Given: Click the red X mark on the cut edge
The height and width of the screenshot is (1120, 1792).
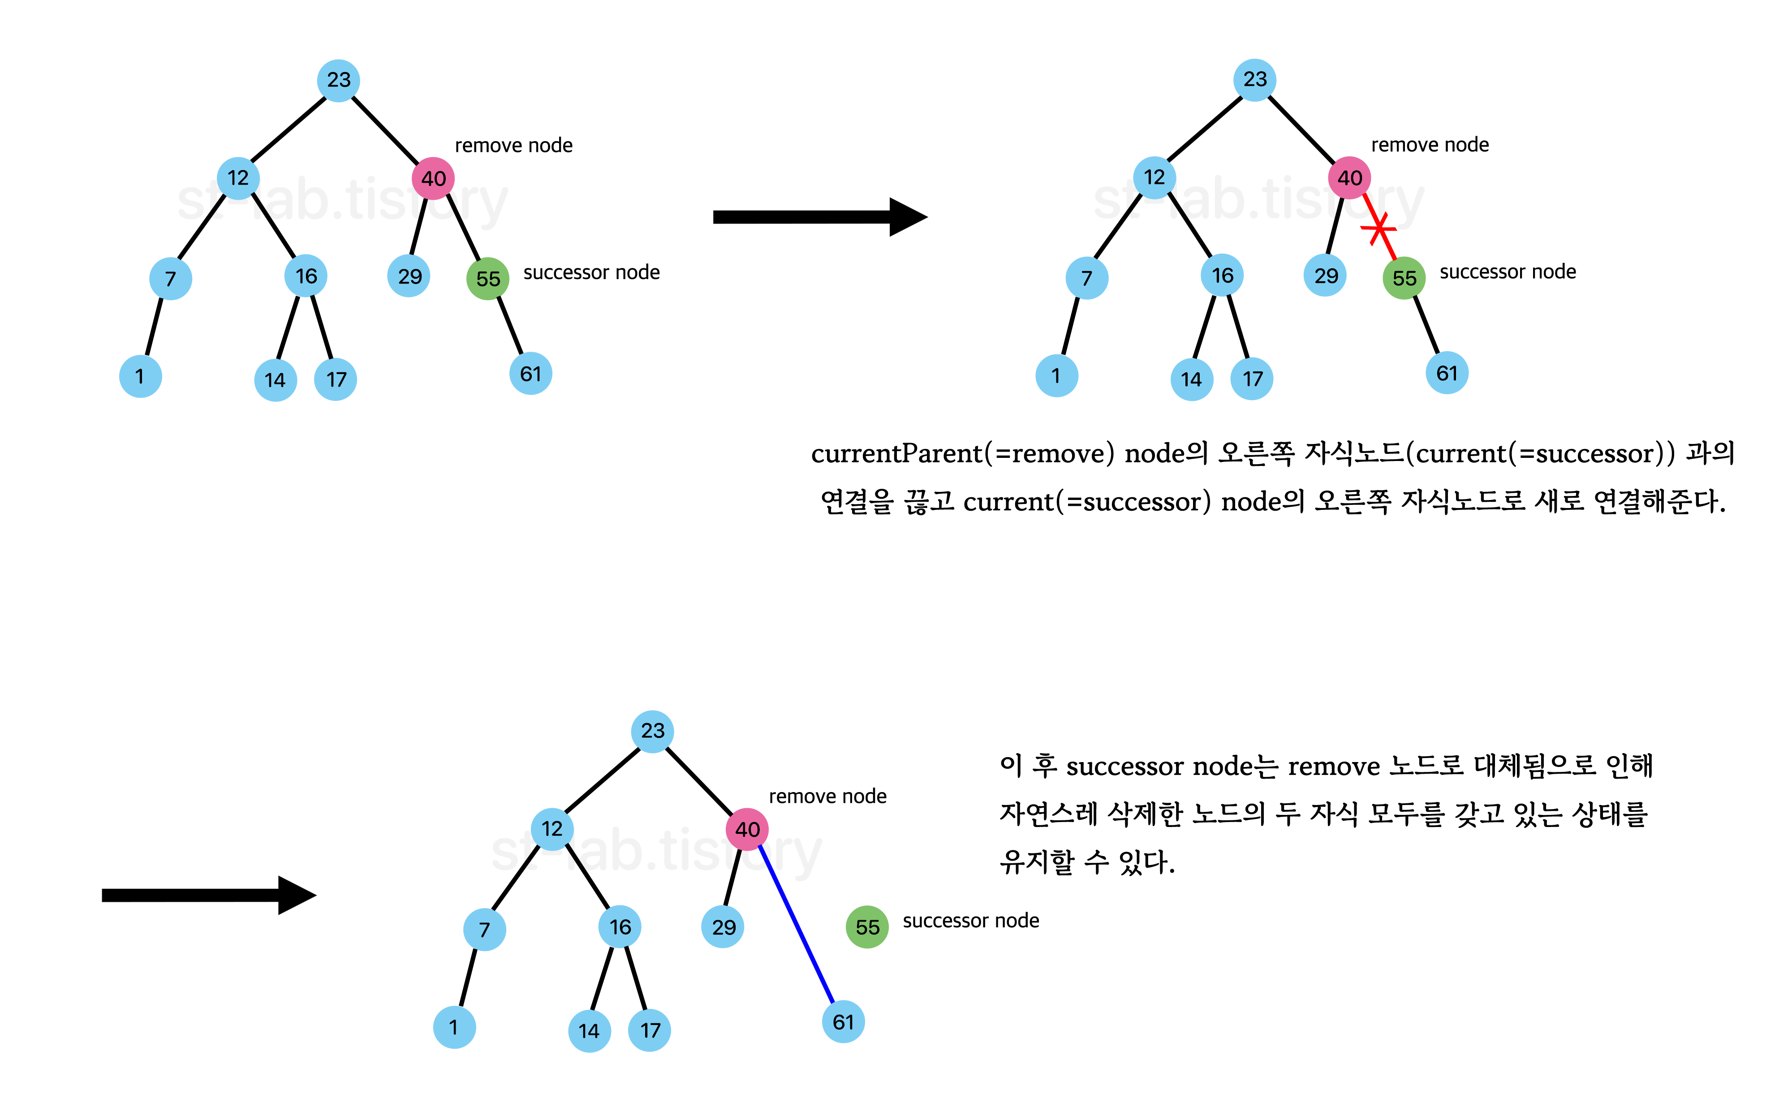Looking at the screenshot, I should coord(1378,228).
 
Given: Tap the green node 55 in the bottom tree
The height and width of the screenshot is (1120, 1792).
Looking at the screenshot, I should coord(867,926).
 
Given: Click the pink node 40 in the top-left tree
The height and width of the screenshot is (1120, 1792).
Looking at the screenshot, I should coord(433,178).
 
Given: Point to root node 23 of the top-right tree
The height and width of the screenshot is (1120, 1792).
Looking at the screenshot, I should coord(1254,79).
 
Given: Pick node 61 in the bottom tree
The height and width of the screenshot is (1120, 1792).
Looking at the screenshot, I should coord(844,1022).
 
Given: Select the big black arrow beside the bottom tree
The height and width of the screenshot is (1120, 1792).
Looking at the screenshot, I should coord(208,895).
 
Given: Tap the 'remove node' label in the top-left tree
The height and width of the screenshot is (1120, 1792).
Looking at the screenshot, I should coord(513,145).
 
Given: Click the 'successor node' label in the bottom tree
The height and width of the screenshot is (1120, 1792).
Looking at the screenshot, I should coord(970,921).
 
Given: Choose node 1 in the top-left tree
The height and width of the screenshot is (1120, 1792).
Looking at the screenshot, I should coord(140,376).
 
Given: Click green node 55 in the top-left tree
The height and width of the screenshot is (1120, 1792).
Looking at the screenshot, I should coord(488,279).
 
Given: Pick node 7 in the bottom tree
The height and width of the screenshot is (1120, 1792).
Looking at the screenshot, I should coord(484,930).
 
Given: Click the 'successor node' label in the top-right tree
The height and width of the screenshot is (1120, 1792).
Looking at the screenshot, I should coord(1507,272).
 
